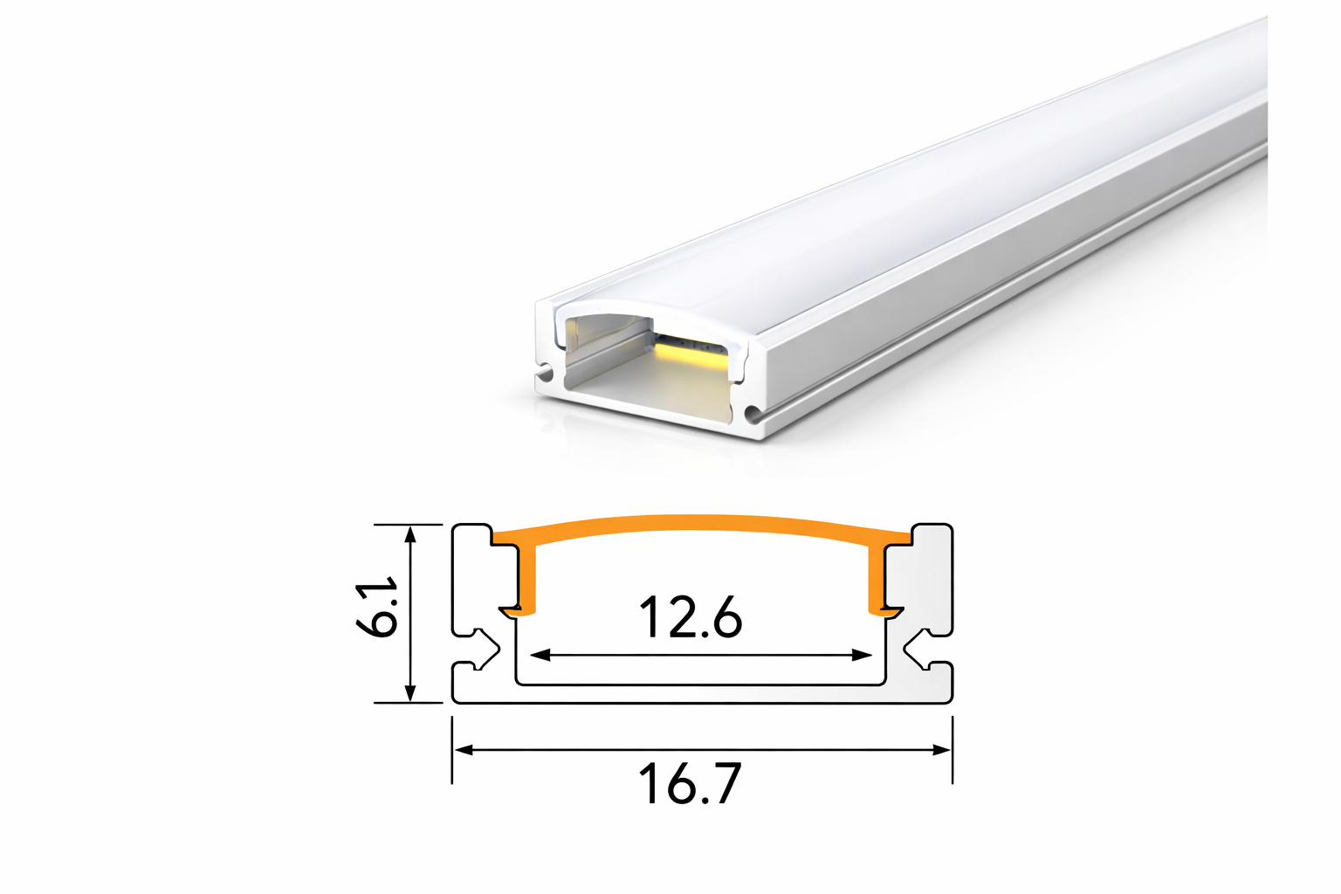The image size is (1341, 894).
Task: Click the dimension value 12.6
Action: [691, 617]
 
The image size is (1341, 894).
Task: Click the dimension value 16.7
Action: [690, 783]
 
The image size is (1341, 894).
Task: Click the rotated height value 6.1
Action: [378, 606]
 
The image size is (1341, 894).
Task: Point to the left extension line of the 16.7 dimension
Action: [451, 751]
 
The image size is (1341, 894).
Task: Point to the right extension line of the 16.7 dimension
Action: [952, 751]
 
